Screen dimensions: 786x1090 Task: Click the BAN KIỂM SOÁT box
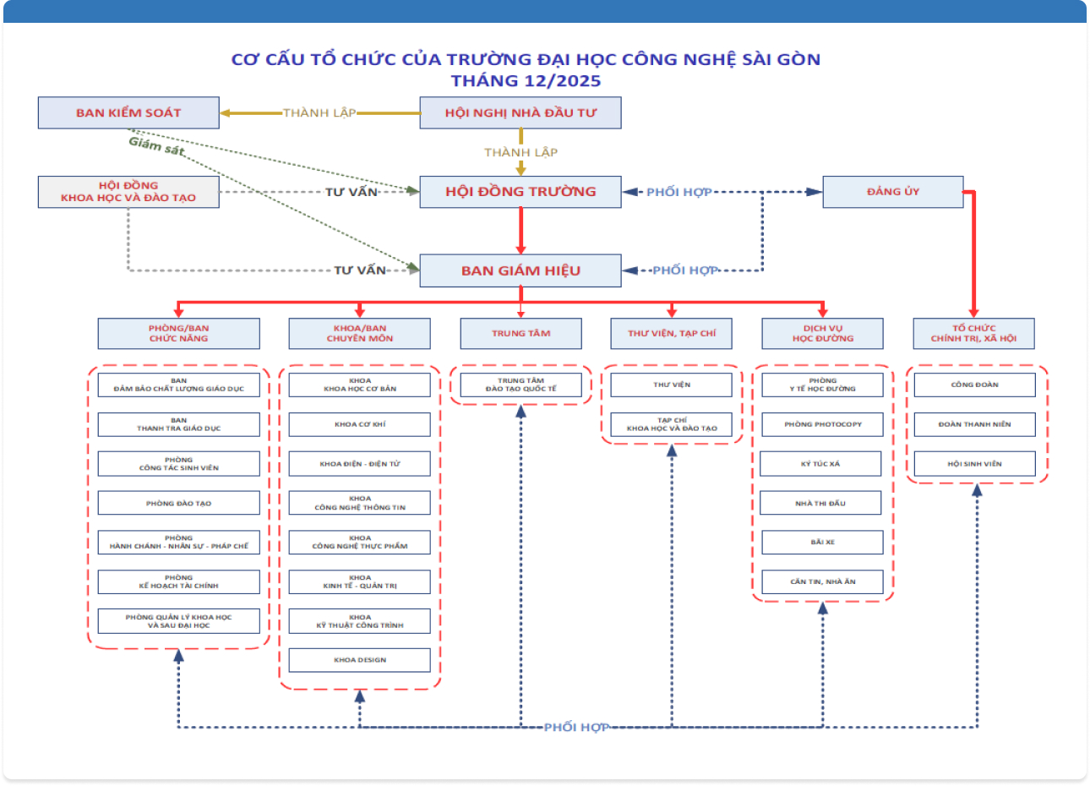click(x=128, y=112)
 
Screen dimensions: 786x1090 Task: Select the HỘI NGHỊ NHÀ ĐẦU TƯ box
click(x=520, y=112)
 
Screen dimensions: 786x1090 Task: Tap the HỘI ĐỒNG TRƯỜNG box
click(x=520, y=192)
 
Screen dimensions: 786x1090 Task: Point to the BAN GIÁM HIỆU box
click(x=520, y=270)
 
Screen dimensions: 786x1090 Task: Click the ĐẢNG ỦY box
click(x=893, y=192)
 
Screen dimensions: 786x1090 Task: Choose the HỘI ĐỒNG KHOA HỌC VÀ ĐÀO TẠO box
click(x=128, y=192)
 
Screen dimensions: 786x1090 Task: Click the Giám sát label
click(x=156, y=145)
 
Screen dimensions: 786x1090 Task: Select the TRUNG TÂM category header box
click(x=520, y=333)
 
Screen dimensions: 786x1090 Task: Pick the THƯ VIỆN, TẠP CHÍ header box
click(x=672, y=333)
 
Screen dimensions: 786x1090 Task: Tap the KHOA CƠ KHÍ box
click(x=360, y=424)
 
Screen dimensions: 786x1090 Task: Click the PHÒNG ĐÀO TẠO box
click(x=178, y=503)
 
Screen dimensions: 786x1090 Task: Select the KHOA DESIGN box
click(x=360, y=660)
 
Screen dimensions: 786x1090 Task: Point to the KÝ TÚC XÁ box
click(x=820, y=464)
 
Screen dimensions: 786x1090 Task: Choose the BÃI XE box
click(x=822, y=542)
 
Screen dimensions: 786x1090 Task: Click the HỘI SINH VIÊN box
click(x=974, y=464)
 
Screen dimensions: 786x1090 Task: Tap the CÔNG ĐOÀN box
click(x=974, y=385)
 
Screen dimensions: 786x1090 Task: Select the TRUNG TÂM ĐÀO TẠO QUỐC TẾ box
click(x=520, y=385)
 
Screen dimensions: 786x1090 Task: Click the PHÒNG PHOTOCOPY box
click(x=822, y=424)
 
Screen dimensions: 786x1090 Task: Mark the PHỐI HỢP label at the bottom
click(x=576, y=728)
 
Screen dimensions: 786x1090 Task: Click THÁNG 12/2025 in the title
click(x=526, y=81)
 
